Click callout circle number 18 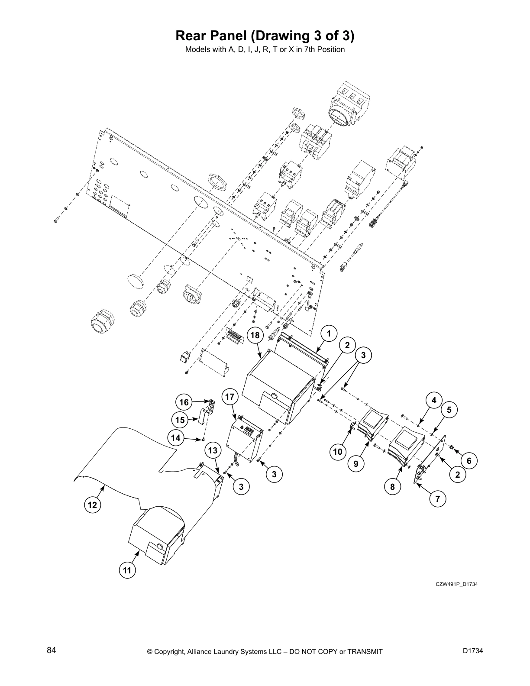pyautogui.click(x=255, y=335)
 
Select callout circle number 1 pyautogui.click(x=329, y=333)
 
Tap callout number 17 pyautogui.click(x=230, y=397)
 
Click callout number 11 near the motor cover pyautogui.click(x=127, y=570)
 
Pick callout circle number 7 pyautogui.click(x=438, y=499)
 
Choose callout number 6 pyautogui.click(x=469, y=461)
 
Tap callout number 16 pyautogui.click(x=184, y=402)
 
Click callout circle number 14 pyautogui.click(x=175, y=438)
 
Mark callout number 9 pyautogui.click(x=355, y=464)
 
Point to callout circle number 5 pyautogui.click(x=449, y=409)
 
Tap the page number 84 pyautogui.click(x=52, y=650)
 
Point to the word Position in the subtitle pyautogui.click(x=331, y=49)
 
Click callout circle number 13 pyautogui.click(x=212, y=451)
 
